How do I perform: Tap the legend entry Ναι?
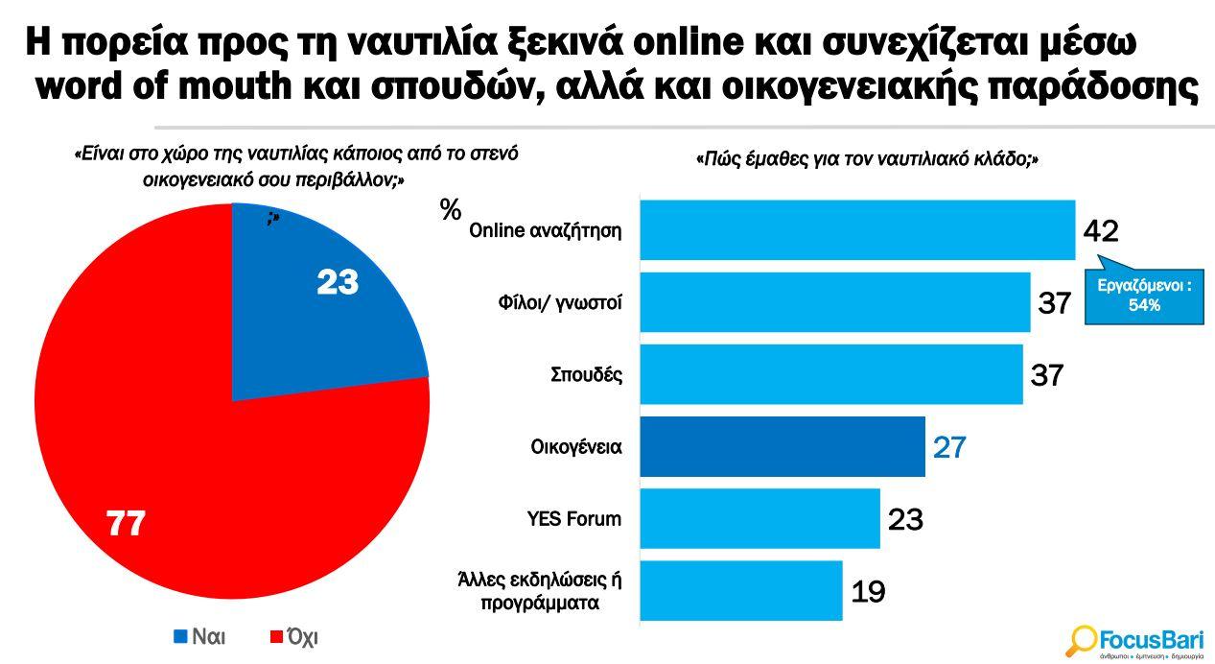[x=199, y=636]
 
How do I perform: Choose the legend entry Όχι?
[x=295, y=636]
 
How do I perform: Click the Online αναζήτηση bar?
[x=856, y=230]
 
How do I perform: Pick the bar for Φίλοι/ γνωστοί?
[x=834, y=302]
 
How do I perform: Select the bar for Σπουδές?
[x=830, y=374]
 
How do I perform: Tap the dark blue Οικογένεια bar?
[x=782, y=446]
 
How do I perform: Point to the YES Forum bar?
[x=759, y=518]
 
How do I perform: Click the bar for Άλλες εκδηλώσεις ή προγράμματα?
[x=740, y=591]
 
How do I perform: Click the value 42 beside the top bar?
[x=1101, y=231]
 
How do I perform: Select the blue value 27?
[x=949, y=447]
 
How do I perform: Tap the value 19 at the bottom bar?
[x=868, y=592]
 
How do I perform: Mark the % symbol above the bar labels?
[x=451, y=210]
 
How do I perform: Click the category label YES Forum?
[x=574, y=519]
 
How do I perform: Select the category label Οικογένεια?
[x=576, y=447]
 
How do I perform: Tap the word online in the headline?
[x=668, y=44]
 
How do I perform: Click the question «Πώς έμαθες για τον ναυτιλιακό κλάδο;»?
[x=866, y=160]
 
